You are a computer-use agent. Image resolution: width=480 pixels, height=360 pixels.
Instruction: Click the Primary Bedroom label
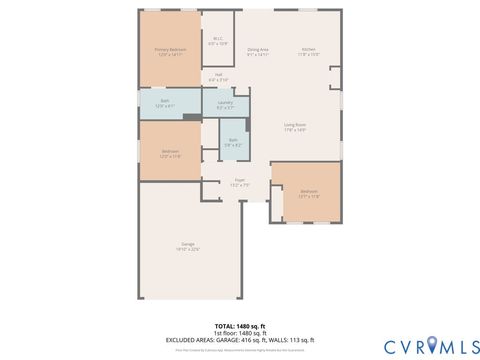[x=170, y=51]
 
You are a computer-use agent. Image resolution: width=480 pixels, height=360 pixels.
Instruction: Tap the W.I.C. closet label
[x=218, y=42]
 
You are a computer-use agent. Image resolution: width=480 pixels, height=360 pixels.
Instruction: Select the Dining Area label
[x=258, y=51]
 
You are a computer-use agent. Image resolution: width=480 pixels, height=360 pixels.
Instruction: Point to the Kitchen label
[x=309, y=51]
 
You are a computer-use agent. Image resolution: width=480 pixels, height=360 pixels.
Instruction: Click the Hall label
[x=218, y=76]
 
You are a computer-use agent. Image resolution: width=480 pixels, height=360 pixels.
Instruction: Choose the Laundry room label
[x=225, y=103]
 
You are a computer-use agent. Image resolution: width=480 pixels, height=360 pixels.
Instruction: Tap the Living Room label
[x=294, y=126]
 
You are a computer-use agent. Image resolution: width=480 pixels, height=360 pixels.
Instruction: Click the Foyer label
[x=240, y=182]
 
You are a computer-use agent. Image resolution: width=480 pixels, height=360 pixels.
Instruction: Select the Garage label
[x=188, y=246]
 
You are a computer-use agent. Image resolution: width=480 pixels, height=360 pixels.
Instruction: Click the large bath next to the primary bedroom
[x=170, y=104]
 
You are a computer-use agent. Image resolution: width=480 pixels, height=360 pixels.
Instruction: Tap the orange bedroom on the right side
[x=308, y=192]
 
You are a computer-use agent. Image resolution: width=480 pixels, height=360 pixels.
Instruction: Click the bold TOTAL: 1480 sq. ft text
[x=240, y=326]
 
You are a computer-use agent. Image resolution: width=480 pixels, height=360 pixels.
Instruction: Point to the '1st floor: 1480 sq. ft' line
[x=240, y=333]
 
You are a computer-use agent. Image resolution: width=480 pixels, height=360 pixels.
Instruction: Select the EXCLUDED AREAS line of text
[x=240, y=340]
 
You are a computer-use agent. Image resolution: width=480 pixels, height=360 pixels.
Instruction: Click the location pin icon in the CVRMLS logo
[x=432, y=345]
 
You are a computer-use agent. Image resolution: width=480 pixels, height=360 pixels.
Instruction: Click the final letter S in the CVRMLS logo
[x=468, y=345]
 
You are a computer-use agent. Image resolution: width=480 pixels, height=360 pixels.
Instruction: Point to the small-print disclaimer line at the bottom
[x=240, y=349]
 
